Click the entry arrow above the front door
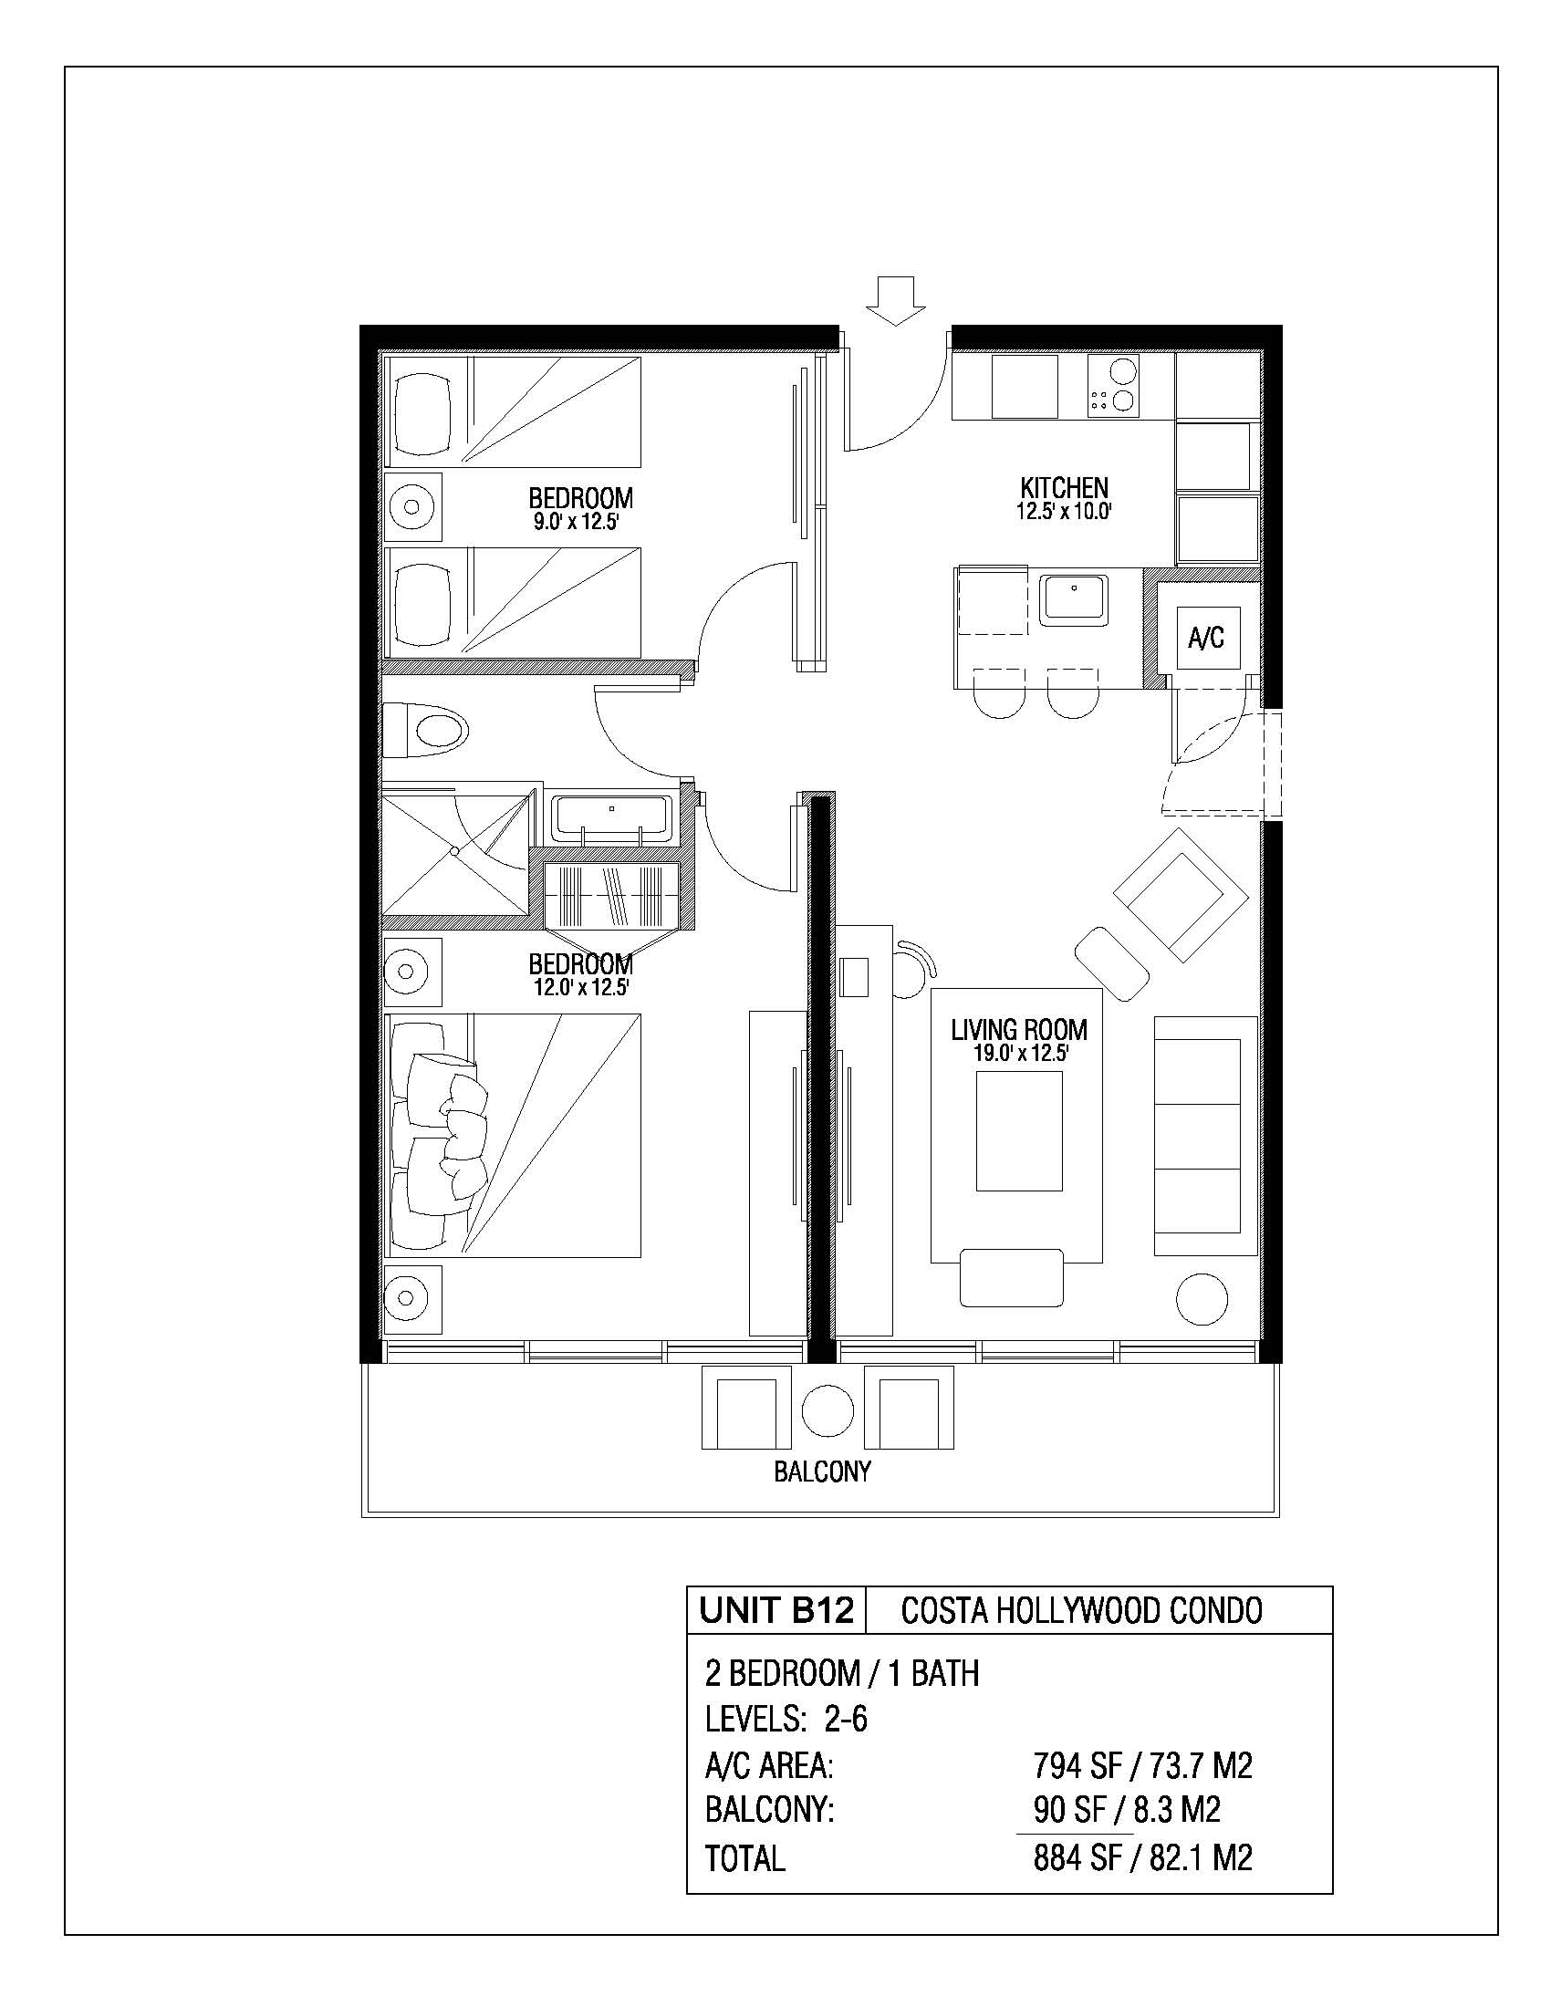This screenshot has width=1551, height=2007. [x=896, y=300]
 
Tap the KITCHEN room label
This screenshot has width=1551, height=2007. [x=1064, y=487]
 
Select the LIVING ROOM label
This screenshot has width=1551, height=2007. [x=1019, y=1029]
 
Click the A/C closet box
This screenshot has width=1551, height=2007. [x=1206, y=637]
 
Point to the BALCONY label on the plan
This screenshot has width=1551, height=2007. [x=822, y=1471]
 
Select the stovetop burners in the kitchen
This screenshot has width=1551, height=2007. [x=1113, y=386]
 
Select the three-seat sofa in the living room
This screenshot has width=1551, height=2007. [x=1205, y=1136]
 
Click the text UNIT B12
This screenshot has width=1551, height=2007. [x=776, y=1611]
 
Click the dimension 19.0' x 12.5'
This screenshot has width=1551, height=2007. [x=1020, y=1053]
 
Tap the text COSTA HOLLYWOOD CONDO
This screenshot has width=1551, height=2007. [x=1081, y=1611]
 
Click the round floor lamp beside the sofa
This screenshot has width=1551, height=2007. [x=1202, y=1299]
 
